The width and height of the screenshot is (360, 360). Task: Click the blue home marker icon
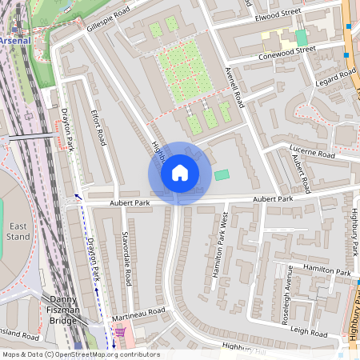(x=180, y=173)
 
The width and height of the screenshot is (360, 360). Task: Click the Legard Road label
(x=336, y=78)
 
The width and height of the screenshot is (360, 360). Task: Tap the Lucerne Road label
(x=311, y=153)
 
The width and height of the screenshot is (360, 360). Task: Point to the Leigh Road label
(x=310, y=330)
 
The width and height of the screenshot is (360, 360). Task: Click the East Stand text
(x=18, y=231)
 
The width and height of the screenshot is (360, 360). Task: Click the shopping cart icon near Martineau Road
(x=120, y=330)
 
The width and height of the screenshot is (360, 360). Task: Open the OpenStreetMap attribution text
(x=80, y=354)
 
